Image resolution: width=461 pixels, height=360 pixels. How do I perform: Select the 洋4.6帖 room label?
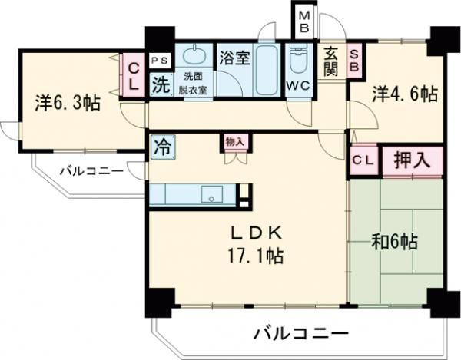click(405, 95)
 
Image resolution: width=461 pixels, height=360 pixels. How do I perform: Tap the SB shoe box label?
click(355, 61)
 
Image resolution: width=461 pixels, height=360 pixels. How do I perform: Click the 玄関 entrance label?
click(330, 61)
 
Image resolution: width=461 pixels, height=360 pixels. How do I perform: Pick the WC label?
click(297, 86)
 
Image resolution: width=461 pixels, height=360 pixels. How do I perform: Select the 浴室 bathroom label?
click(232, 57)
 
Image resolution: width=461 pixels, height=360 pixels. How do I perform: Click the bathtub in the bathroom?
click(268, 71)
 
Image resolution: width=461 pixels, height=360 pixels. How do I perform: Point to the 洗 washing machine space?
click(161, 84)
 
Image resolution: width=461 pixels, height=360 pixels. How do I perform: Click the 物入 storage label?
click(234, 140)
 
